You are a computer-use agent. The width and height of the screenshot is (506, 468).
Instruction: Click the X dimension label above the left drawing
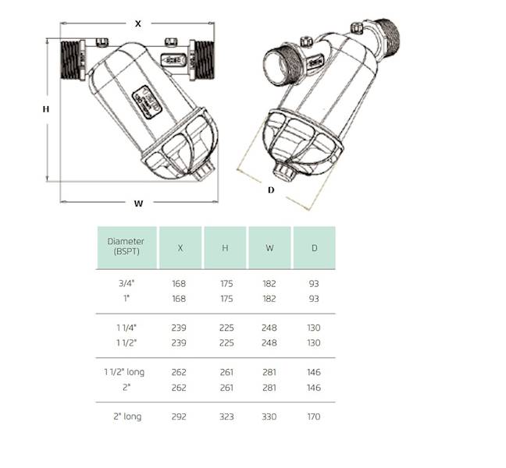pos(138,23)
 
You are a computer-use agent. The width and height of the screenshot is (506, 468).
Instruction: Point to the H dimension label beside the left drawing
pos(46,109)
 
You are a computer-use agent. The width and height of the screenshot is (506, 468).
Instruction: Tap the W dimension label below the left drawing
pos(138,204)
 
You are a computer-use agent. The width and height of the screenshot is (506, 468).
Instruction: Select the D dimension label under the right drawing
pos(271,190)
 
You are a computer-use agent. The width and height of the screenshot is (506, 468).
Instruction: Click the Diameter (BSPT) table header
pos(126,247)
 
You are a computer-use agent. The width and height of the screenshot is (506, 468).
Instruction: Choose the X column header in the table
pos(180,248)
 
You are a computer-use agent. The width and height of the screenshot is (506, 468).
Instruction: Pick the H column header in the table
pos(225,248)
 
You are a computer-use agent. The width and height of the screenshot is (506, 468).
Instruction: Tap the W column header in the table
pos(269,248)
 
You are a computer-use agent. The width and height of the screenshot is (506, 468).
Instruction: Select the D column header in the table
pos(314,248)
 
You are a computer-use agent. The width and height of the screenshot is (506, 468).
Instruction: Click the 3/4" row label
pos(126,284)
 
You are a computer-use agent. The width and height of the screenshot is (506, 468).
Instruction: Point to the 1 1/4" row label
pos(126,328)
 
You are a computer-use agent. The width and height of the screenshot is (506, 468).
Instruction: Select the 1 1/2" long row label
pos(126,373)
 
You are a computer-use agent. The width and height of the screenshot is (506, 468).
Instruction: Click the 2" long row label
pos(126,417)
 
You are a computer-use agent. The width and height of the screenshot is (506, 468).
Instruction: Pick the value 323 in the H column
pos(225,417)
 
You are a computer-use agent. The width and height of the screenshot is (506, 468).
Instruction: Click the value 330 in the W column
pos(269,417)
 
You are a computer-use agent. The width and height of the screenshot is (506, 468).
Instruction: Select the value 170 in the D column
pos(314,417)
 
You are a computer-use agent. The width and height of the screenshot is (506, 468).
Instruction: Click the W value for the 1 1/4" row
pos(269,328)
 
